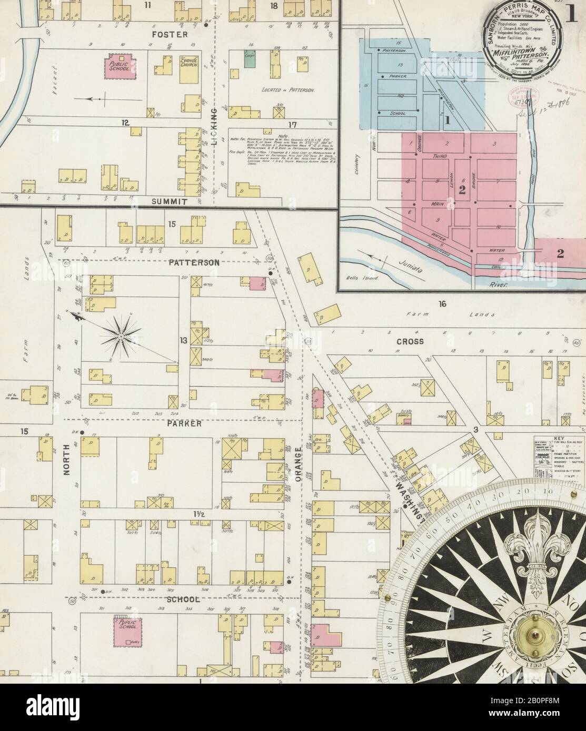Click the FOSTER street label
pos(163,35)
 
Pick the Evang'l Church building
pos(188,70)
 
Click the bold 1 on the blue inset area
pos(448,120)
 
